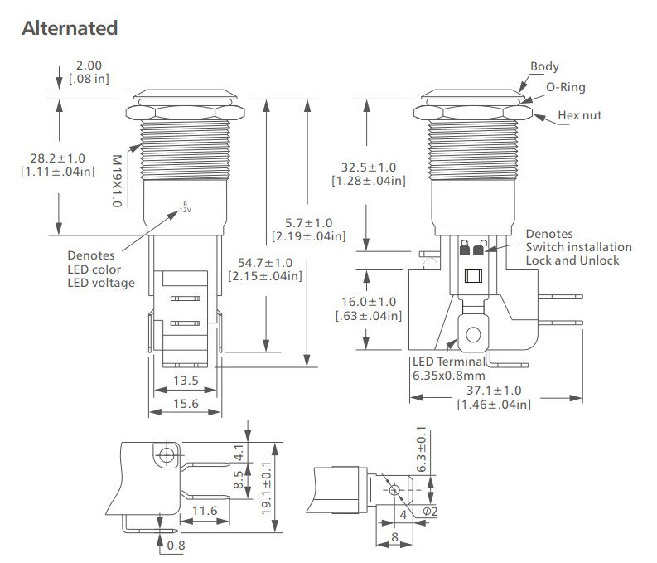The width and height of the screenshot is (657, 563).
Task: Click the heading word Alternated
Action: [x=70, y=27]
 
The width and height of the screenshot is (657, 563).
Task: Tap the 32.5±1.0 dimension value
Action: [x=370, y=166]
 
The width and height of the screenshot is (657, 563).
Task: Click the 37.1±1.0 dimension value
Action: [x=494, y=390]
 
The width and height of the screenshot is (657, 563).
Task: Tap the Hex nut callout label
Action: [x=580, y=115]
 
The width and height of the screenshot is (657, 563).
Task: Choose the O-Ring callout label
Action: [x=566, y=86]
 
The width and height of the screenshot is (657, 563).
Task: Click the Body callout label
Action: [x=544, y=66]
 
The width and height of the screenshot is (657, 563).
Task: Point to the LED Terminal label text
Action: [x=449, y=362]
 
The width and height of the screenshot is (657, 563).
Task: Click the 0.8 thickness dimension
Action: [x=175, y=546]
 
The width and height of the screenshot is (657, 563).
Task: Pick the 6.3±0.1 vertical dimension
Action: [x=422, y=449]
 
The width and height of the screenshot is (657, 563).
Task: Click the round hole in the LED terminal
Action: [x=473, y=335]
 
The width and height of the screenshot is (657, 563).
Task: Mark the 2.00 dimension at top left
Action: [x=89, y=65]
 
